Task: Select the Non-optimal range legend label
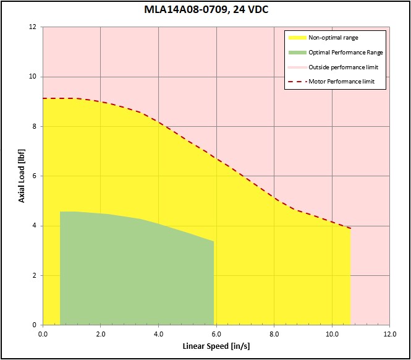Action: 333,38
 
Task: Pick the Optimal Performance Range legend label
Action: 345,53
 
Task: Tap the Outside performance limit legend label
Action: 343,67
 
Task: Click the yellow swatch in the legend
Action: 295,38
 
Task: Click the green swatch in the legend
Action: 295,53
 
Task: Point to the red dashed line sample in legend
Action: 295,82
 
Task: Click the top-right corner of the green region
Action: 213,241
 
